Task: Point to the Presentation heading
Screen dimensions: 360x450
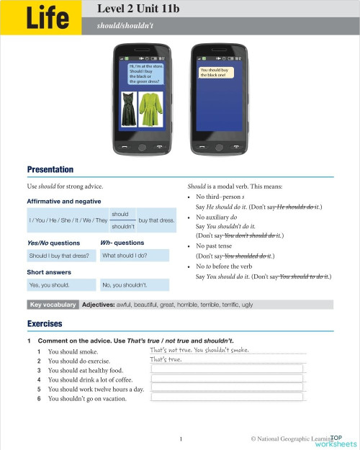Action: coord(50,170)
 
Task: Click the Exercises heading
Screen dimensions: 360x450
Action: coord(45,324)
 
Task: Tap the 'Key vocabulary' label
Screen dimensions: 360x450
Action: coord(53,305)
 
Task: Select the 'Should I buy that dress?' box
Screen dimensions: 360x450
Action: coord(60,256)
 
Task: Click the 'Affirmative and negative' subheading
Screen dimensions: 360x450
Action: coord(63,201)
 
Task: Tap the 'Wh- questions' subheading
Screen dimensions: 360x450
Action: coord(122,243)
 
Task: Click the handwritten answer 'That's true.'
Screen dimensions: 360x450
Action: coord(166,359)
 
